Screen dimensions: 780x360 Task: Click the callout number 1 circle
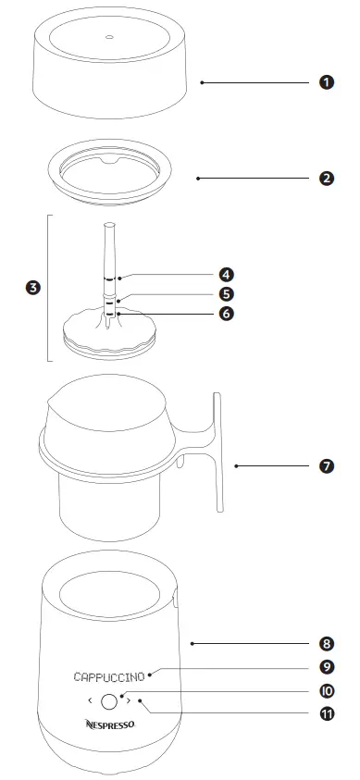tap(326, 82)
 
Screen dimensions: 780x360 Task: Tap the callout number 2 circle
tap(326, 178)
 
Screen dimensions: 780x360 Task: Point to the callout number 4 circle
tap(226, 275)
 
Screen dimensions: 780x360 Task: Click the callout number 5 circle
tap(226, 294)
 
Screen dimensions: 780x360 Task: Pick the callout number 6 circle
tap(226, 314)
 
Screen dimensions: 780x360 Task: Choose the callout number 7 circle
tap(326, 466)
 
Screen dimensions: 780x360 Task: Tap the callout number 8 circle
tap(326, 642)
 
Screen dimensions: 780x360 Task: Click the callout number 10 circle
tap(326, 691)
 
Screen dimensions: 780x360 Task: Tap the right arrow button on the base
tap(128, 700)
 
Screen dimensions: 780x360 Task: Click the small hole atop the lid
tap(108, 38)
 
